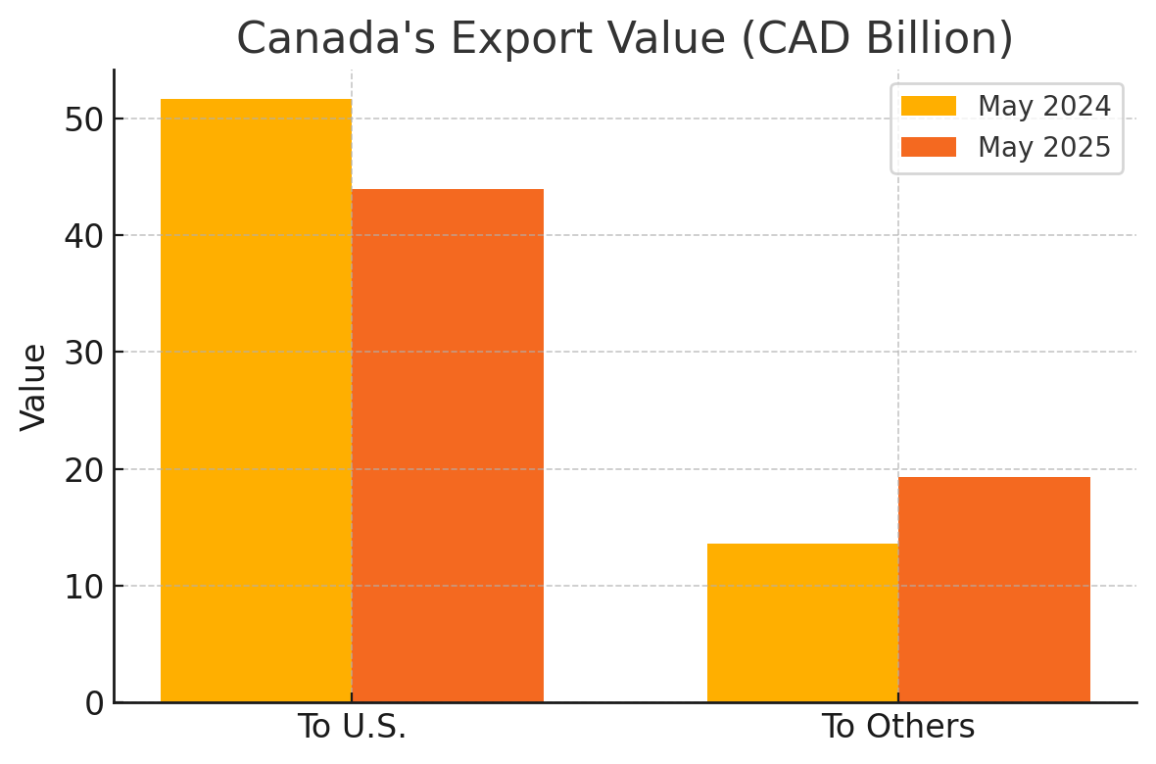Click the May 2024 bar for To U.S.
click(x=256, y=401)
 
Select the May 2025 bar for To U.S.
click(x=448, y=446)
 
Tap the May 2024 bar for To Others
click(x=802, y=623)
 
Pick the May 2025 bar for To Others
click(x=994, y=590)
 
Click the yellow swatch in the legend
click(x=928, y=106)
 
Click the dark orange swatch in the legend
click(x=928, y=147)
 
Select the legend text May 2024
click(x=1044, y=106)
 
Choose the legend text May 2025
click(x=1044, y=147)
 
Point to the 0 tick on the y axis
click(x=93, y=703)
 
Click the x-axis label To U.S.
click(x=352, y=728)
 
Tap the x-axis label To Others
click(x=898, y=728)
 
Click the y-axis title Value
click(x=34, y=386)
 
